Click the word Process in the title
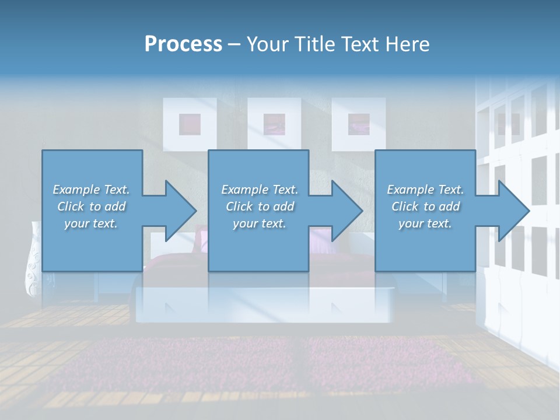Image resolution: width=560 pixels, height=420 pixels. point(183,44)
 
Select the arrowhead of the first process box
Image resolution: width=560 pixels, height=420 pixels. point(177,211)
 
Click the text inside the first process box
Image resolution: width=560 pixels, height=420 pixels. point(91,206)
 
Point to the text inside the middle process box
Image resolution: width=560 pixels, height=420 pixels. point(259,206)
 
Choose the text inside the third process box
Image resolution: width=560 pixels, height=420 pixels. point(425,206)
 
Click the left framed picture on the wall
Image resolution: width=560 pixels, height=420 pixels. point(190,124)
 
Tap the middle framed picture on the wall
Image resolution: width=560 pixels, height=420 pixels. point(274,124)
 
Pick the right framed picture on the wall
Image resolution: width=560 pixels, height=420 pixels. point(358,124)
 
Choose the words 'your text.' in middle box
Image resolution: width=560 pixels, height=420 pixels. point(259,223)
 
